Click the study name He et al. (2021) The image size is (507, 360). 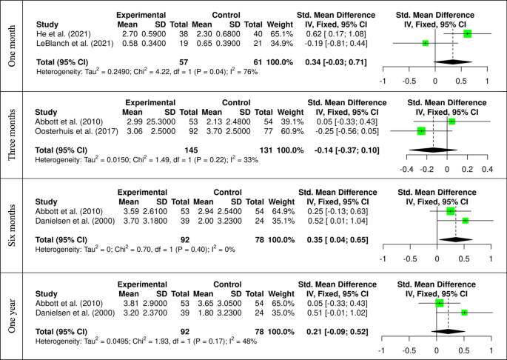coord(57,33)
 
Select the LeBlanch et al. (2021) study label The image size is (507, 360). coord(66,43)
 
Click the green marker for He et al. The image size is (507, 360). coord(467,33)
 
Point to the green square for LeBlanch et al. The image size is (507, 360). coord(425,43)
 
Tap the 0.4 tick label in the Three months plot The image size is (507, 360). coord(486,169)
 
